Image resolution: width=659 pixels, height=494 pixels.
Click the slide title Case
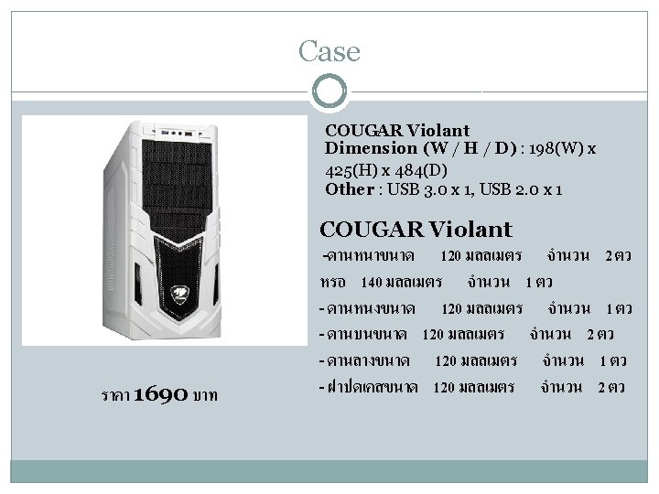(x=329, y=51)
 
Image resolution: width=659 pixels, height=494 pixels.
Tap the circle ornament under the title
(x=329, y=92)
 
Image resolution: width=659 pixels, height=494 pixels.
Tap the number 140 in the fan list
(x=372, y=280)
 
